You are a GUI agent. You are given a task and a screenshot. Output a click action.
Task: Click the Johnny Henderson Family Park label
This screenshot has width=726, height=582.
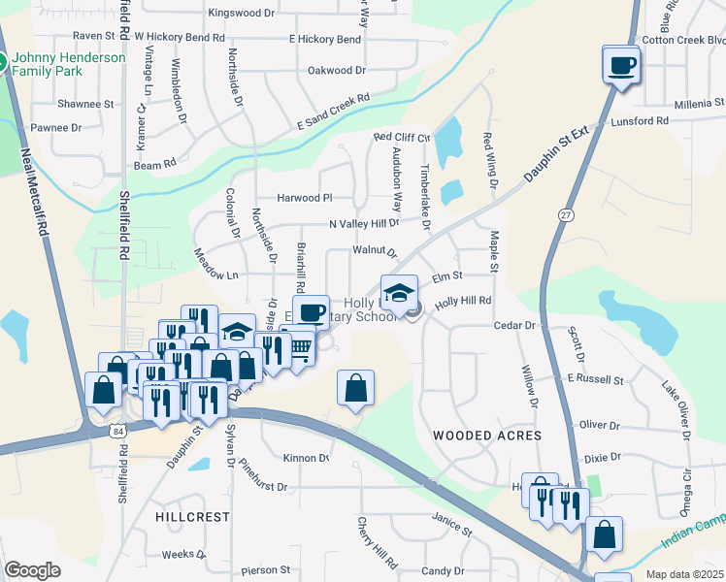[x=68, y=64]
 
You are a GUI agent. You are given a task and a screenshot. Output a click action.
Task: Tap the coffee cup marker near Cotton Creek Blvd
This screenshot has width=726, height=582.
[x=621, y=66]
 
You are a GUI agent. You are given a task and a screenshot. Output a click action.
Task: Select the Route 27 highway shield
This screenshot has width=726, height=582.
[x=566, y=213]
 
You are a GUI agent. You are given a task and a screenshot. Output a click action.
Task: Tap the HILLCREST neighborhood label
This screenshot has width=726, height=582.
[x=191, y=517]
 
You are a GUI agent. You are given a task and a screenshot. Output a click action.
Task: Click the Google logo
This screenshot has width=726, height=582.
[x=32, y=569]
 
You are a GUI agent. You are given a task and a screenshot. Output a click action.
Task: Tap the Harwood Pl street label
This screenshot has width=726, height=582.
[x=304, y=198]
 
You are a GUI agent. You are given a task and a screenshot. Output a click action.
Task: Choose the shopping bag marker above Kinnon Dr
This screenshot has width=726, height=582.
[x=356, y=388]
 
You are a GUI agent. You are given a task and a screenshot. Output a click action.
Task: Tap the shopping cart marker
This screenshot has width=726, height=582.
[x=301, y=348]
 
